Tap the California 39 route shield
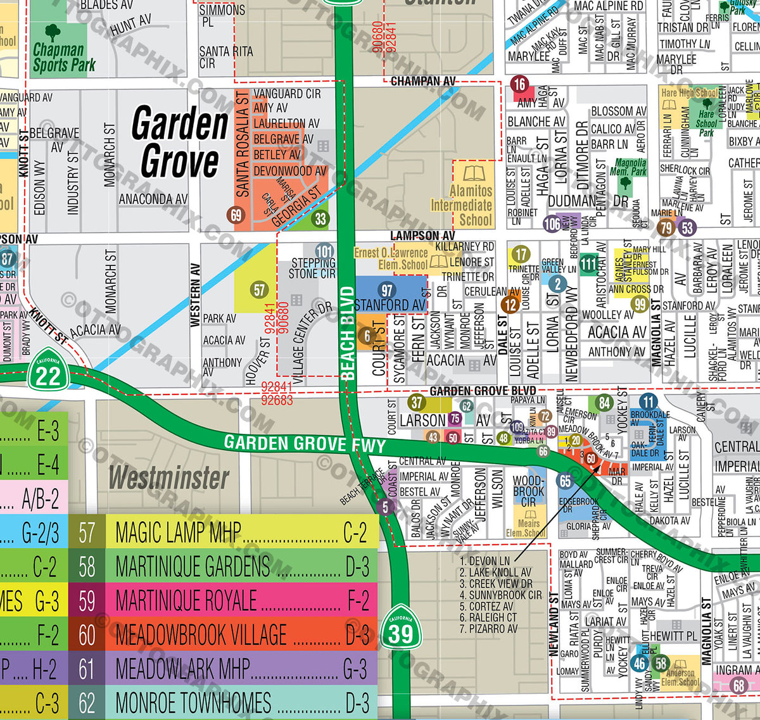click(x=400, y=629)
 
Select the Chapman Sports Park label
click(x=63, y=57)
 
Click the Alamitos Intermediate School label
click(x=462, y=205)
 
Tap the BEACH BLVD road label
click(x=348, y=332)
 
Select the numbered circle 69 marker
click(x=236, y=215)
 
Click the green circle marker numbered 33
click(x=320, y=219)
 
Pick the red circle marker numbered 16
click(x=519, y=84)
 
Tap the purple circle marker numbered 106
click(x=552, y=223)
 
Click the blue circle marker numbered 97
click(x=386, y=290)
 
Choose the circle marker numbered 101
click(x=324, y=251)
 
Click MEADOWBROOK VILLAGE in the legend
click(x=201, y=635)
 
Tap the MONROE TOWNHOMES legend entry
click(x=193, y=703)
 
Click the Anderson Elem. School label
click(x=680, y=677)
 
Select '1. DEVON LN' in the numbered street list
click(x=484, y=561)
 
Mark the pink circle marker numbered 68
click(x=738, y=685)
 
